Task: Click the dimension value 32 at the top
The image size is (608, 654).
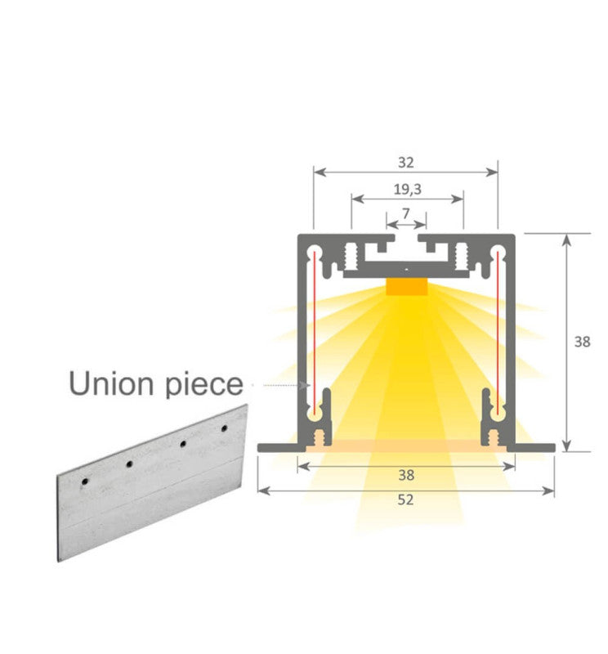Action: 405,163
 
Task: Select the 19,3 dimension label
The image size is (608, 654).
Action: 407,189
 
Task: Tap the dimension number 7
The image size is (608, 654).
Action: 406,213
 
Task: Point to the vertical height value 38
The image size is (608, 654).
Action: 581,342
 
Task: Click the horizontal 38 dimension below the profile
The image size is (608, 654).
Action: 405,474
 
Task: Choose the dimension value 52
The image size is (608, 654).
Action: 405,499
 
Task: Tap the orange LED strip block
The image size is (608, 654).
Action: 406,288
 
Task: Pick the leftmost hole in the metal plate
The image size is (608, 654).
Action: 83,482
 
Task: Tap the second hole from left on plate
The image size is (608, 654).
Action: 129,464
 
